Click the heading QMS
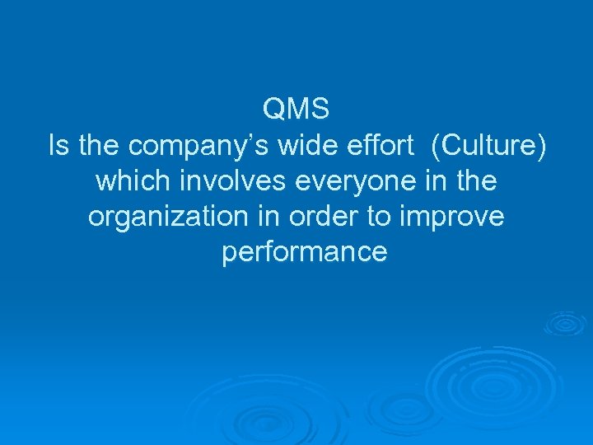(296, 108)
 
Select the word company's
(193, 148)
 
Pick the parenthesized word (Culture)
(488, 148)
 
